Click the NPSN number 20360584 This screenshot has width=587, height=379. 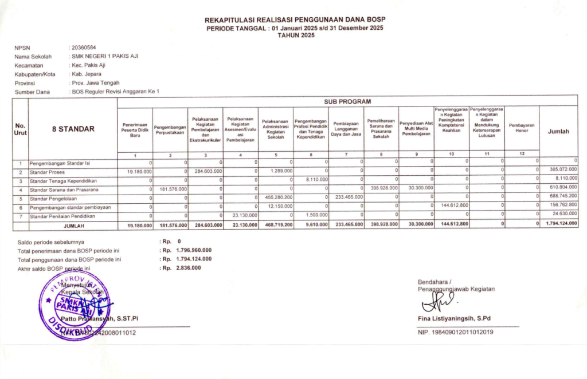pos(84,48)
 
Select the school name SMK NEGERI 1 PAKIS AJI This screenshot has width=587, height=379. pos(105,56)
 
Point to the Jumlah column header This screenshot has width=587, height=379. pos(558,131)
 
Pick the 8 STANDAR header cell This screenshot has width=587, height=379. pos(73,129)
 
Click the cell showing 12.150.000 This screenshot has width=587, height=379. pos(281,207)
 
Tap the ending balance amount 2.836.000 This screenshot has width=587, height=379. pos(187,267)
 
